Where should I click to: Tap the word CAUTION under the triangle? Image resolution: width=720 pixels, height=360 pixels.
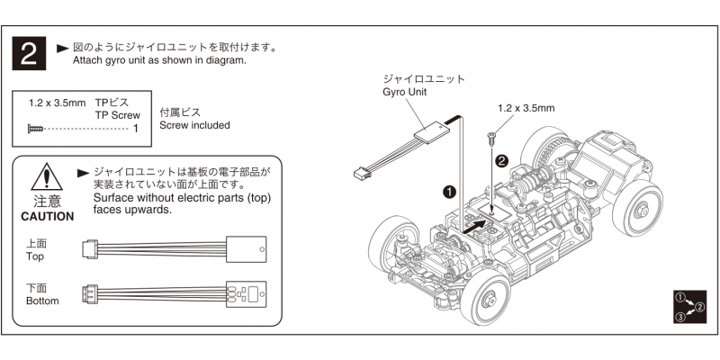(x=40, y=217)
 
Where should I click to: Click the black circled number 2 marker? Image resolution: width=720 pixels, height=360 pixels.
(x=502, y=160)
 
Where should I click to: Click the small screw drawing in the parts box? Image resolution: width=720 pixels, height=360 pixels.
(x=35, y=129)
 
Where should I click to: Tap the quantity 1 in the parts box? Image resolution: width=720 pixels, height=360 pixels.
(x=135, y=129)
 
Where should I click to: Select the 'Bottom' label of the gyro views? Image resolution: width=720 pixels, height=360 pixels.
(x=41, y=301)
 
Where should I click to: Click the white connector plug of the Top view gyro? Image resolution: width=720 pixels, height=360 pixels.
(x=90, y=249)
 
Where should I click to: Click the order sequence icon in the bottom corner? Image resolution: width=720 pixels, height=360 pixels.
(x=688, y=307)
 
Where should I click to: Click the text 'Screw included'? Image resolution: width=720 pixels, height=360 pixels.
(x=193, y=125)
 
